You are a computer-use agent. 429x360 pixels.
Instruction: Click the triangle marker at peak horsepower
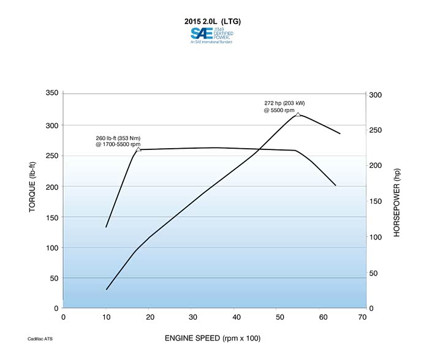pos(298,114)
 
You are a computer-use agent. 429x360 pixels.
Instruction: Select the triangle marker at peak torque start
pos(138,149)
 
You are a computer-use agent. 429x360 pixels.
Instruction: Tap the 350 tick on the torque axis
pos(51,93)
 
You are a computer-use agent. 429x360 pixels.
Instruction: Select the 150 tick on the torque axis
pos(51,217)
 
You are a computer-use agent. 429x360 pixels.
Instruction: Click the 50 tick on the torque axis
pos(53,278)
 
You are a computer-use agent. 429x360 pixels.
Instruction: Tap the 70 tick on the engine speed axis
pos(362,317)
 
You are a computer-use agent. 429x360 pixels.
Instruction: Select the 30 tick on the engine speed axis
pos(192,317)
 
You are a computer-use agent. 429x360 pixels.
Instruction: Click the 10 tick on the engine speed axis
pos(106,317)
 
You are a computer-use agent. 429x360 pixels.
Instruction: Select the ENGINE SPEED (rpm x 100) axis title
pos(212,337)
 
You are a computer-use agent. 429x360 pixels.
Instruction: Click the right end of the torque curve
pos(335,185)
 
